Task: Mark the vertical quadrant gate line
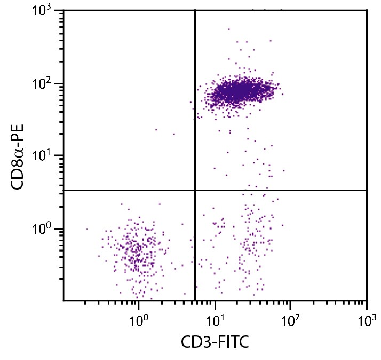(x=195, y=107)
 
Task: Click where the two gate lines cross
(x=195, y=190)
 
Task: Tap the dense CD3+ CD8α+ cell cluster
(x=240, y=92)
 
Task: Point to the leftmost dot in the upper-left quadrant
(x=156, y=129)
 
